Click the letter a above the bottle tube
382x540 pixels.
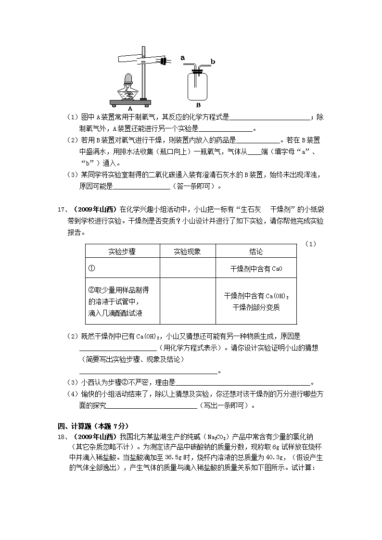[183, 57]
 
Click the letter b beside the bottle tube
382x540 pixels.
[213, 62]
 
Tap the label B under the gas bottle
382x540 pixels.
[198, 104]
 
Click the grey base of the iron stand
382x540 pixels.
[129, 102]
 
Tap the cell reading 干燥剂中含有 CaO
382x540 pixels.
[256, 269]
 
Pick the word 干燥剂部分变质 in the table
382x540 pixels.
[256, 307]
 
